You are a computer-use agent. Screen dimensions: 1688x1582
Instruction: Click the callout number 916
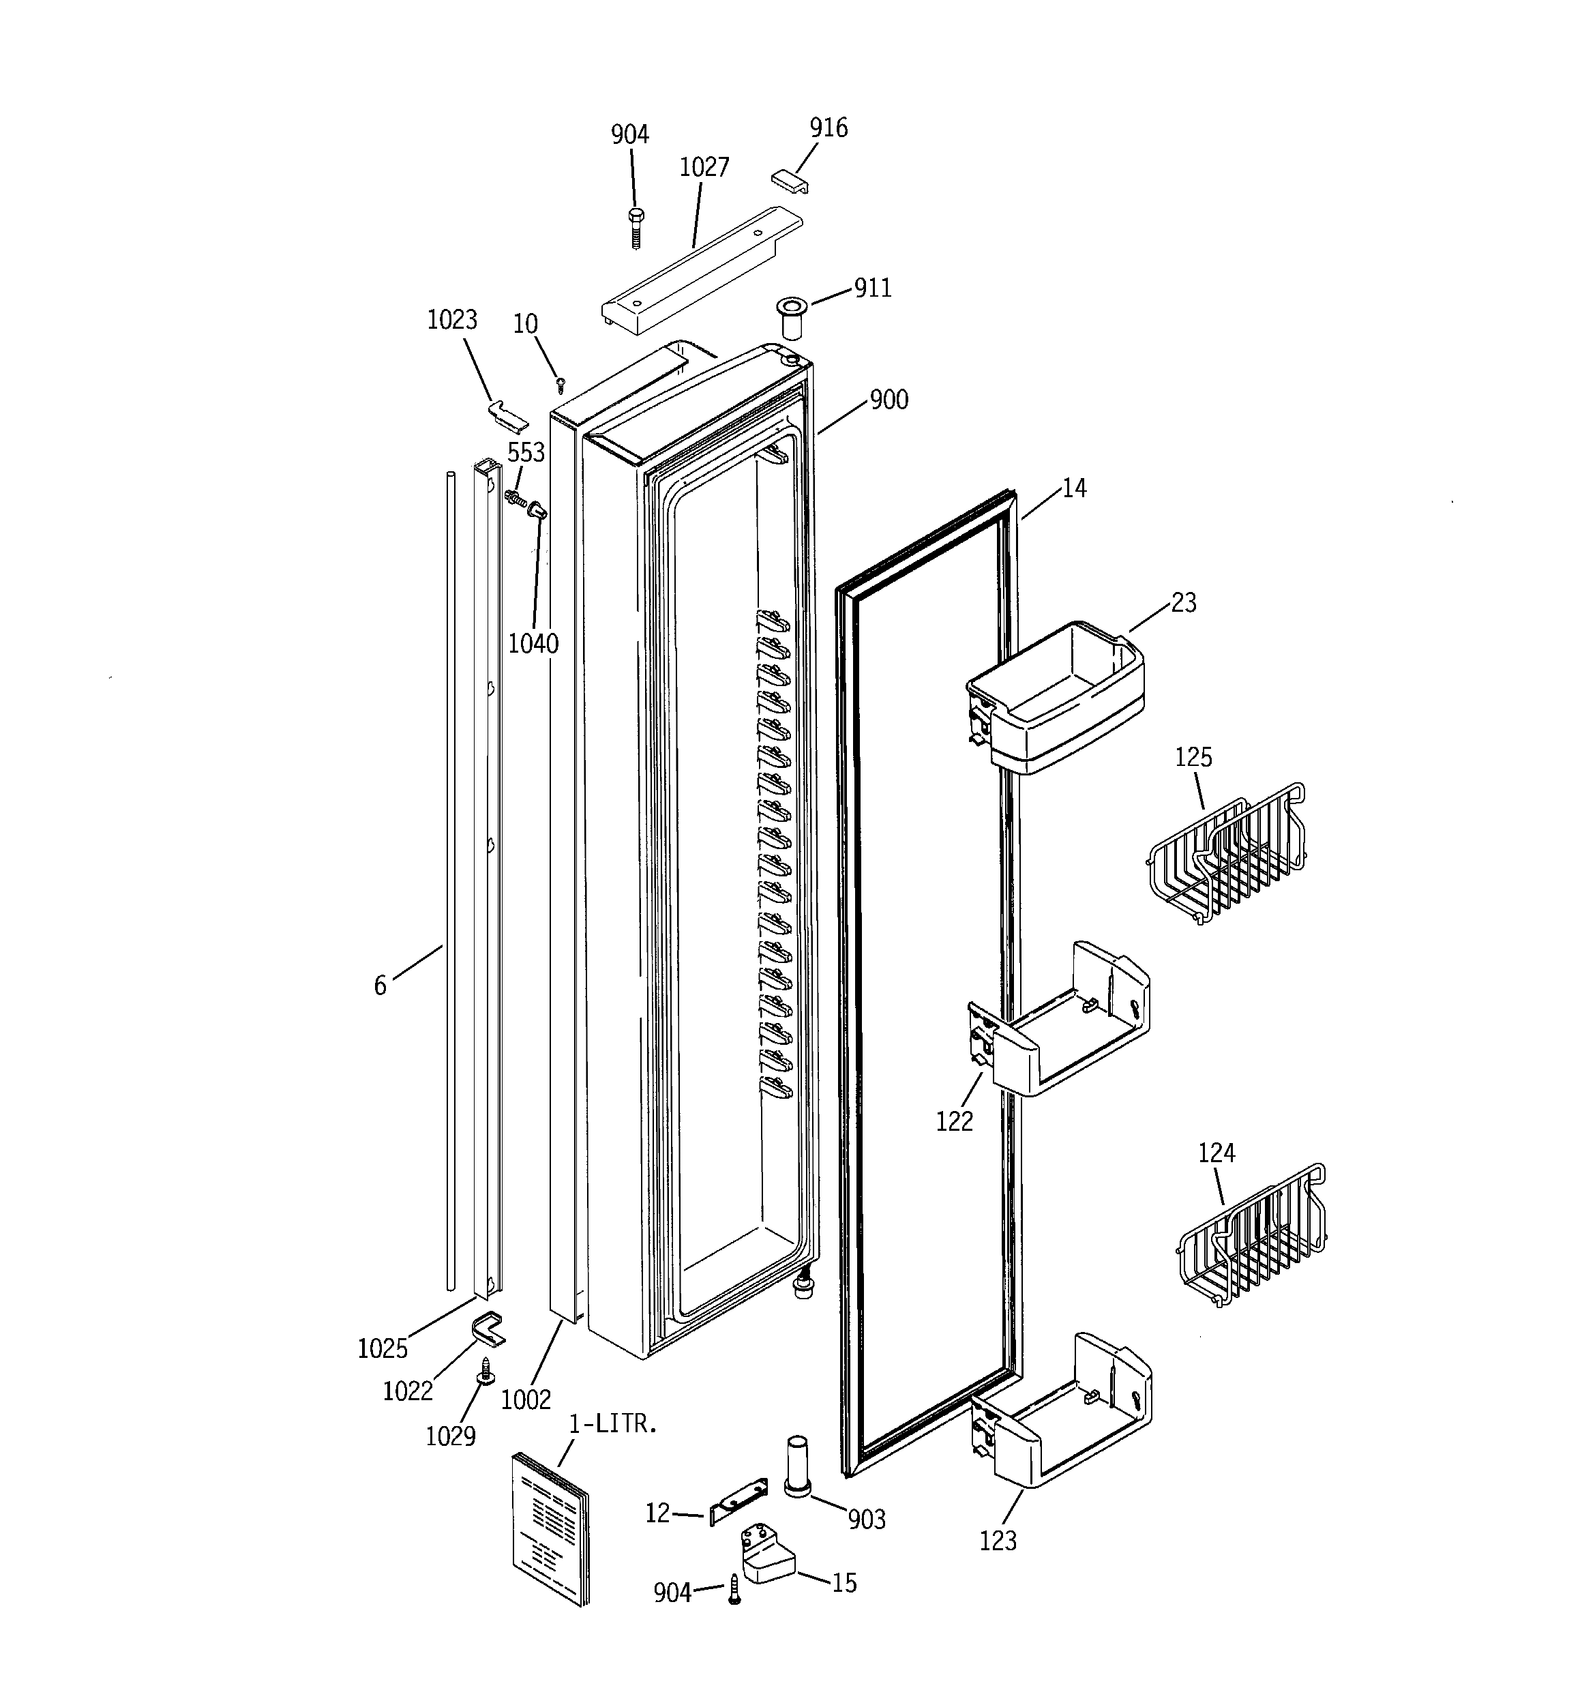click(828, 128)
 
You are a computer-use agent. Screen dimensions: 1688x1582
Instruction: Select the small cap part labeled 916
click(790, 180)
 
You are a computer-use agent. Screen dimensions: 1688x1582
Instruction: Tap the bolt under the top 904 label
click(635, 226)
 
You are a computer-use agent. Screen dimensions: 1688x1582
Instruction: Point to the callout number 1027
click(704, 167)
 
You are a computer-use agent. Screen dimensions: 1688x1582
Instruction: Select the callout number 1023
click(452, 320)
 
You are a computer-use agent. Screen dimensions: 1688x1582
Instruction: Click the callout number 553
click(526, 453)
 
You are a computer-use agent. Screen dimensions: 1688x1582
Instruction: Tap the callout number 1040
click(533, 645)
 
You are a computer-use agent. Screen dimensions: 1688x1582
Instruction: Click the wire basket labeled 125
click(1226, 853)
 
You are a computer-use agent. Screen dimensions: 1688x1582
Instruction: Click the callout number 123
click(998, 1540)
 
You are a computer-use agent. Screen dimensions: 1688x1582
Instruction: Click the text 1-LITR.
click(612, 1424)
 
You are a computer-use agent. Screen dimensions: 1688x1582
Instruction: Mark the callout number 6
click(380, 986)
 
